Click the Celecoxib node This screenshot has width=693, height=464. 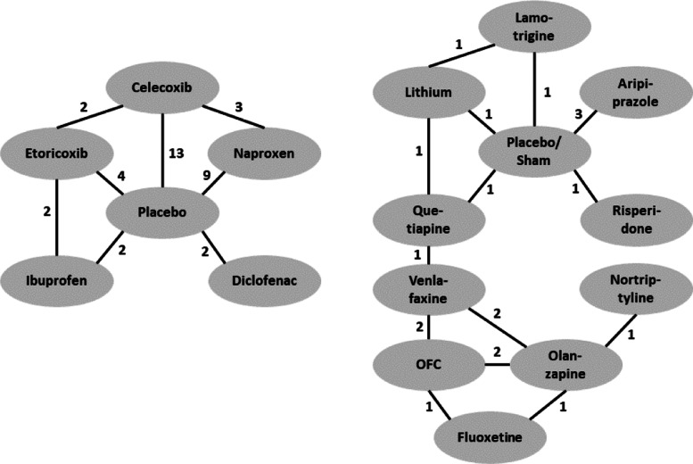click(x=161, y=88)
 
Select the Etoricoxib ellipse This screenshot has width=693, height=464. click(x=55, y=154)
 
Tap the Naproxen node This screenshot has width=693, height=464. click(x=263, y=154)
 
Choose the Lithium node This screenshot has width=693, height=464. click(x=428, y=93)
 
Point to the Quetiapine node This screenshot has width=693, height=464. click(x=428, y=217)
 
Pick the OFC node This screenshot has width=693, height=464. click(x=429, y=363)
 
